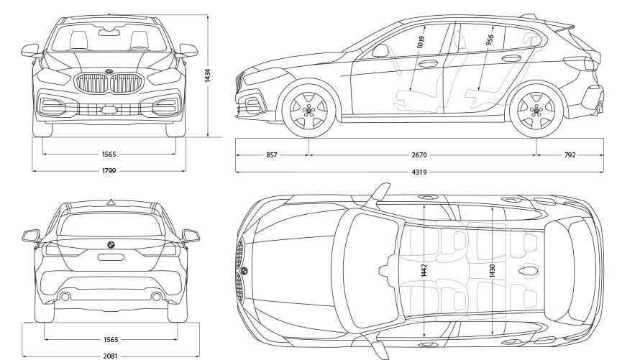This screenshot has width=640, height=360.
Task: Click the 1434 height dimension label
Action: pyautogui.click(x=207, y=75)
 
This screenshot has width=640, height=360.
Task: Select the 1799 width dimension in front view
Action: pyautogui.click(x=109, y=171)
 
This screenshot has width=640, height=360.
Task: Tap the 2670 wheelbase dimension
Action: pyautogui.click(x=419, y=154)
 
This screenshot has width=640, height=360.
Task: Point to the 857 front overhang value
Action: pyautogui.click(x=272, y=154)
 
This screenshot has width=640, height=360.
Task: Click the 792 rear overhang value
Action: pyautogui.click(x=570, y=154)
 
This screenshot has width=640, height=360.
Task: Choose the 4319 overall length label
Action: pyautogui.click(x=419, y=172)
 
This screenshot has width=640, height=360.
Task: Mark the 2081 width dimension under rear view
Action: pyautogui.click(x=109, y=355)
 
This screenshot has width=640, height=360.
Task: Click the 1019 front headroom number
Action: pyautogui.click(x=421, y=42)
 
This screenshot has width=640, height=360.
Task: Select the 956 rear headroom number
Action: pyautogui.click(x=490, y=40)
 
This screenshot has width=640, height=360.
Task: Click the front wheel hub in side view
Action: pyautogui.click(x=308, y=111)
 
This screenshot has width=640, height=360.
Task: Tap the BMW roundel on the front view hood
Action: pyautogui.click(x=109, y=70)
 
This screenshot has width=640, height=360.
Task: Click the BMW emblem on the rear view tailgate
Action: pyautogui.click(x=111, y=244)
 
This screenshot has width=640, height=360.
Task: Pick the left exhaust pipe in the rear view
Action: pyautogui.click(x=65, y=296)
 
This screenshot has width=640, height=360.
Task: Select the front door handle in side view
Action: pyautogui.click(x=429, y=63)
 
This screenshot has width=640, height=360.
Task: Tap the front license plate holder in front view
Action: pyautogui.click(x=109, y=110)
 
